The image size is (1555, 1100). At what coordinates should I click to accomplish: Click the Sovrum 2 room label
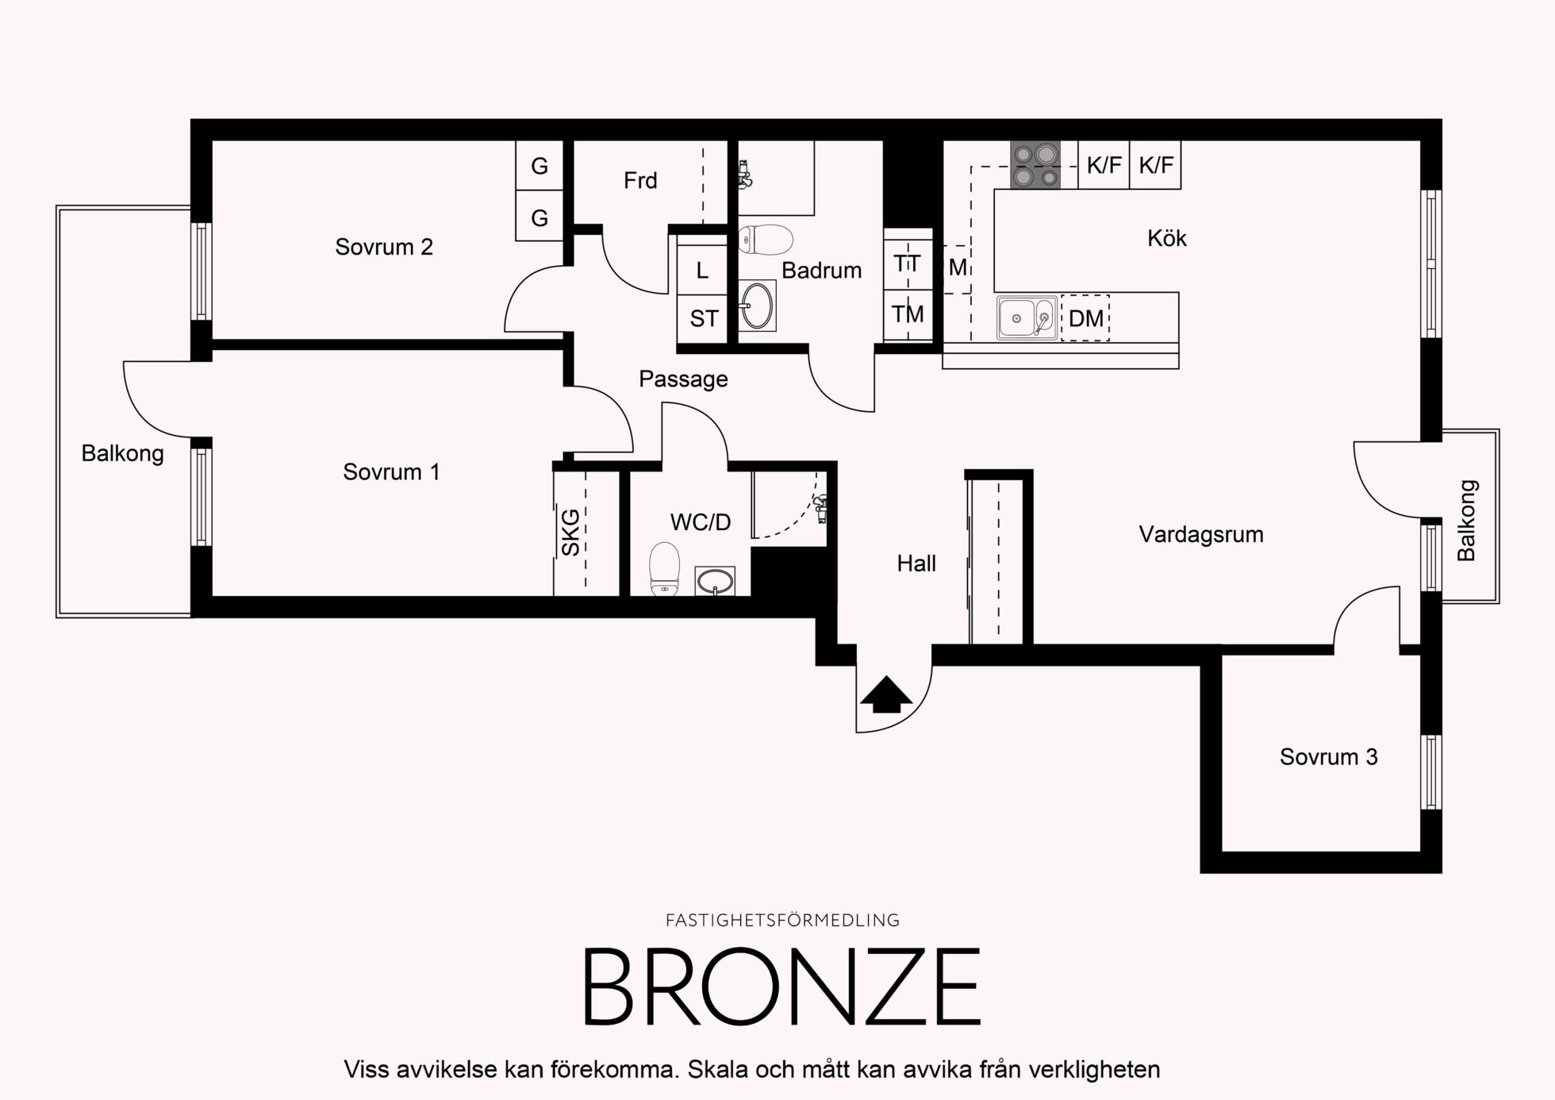[384, 247]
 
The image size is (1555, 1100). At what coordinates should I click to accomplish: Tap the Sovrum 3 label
[1328, 757]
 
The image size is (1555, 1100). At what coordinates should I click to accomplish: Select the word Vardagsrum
[1201, 535]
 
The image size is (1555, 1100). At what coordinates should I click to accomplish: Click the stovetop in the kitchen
[1035, 165]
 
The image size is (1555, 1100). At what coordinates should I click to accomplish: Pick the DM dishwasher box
[1085, 317]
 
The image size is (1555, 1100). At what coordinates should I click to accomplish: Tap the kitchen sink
[1027, 317]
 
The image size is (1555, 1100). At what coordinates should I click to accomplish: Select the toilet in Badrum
[765, 240]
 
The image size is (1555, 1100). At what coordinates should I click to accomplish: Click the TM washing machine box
[908, 314]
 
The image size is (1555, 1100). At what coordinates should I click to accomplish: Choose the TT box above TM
[908, 263]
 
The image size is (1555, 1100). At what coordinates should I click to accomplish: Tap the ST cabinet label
[704, 319]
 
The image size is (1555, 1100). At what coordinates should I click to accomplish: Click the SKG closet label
[570, 532]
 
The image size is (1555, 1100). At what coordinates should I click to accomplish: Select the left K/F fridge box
[1104, 165]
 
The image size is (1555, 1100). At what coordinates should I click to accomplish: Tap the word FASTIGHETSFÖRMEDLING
[782, 921]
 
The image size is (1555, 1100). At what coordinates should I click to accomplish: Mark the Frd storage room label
[640, 181]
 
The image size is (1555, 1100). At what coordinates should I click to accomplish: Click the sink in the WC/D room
[715, 581]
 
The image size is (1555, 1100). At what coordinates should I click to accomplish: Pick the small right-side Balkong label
[1466, 521]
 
